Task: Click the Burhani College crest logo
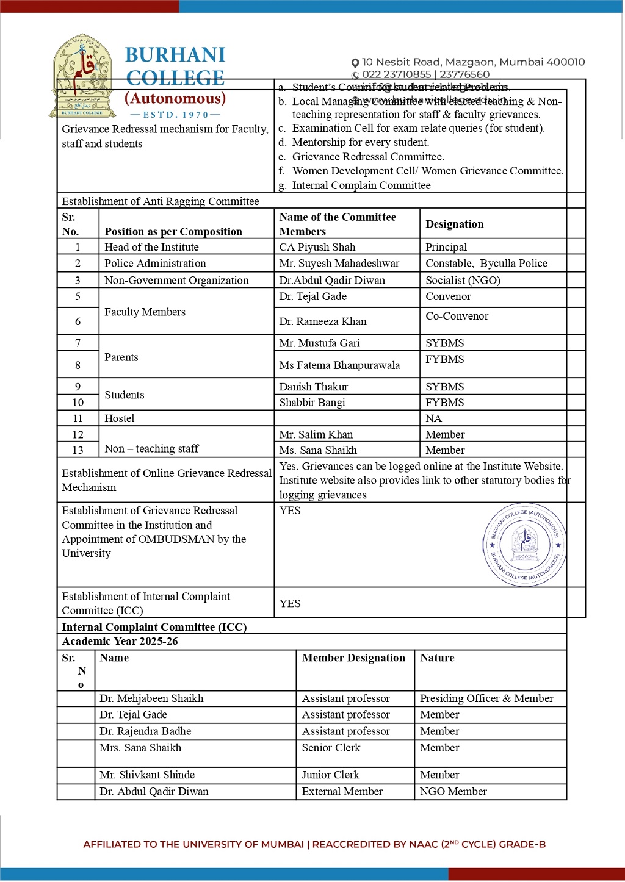pyautogui.click(x=82, y=76)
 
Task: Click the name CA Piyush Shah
pyautogui.click(x=317, y=247)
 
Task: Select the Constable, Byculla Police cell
pyautogui.click(x=486, y=264)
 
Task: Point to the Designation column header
pyautogui.click(x=455, y=224)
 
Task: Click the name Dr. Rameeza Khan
pyautogui.click(x=323, y=321)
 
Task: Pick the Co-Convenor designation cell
pyautogui.click(x=457, y=316)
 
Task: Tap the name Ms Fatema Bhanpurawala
pyautogui.click(x=339, y=365)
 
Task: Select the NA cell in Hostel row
pyautogui.click(x=433, y=418)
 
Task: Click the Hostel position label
pyautogui.click(x=120, y=418)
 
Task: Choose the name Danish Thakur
pyautogui.click(x=314, y=387)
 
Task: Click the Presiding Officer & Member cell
pyautogui.click(x=486, y=698)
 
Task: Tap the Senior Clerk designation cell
pyautogui.click(x=331, y=748)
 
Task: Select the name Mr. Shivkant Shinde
pyautogui.click(x=147, y=775)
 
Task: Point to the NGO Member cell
pyautogui.click(x=453, y=791)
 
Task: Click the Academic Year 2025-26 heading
pyautogui.click(x=120, y=641)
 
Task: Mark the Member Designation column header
pyautogui.click(x=353, y=658)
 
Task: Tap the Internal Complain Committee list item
pyautogui.click(x=361, y=185)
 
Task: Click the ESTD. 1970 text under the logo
pyautogui.click(x=176, y=115)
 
